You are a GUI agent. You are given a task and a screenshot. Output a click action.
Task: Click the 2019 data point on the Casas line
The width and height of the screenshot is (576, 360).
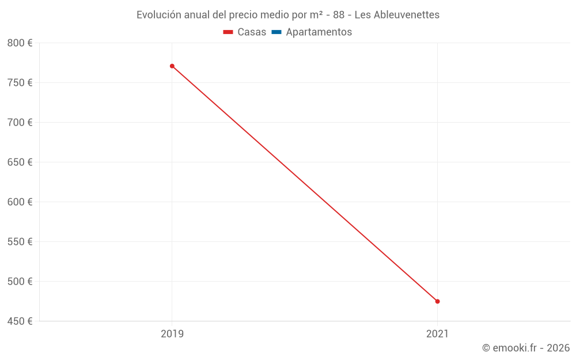(172, 66)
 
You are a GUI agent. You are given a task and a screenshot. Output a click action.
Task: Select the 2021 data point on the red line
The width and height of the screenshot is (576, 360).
(437, 301)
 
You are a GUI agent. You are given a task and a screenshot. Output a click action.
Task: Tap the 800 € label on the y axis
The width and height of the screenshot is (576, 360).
(20, 43)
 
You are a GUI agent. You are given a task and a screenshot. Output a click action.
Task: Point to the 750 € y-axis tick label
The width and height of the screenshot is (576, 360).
(20, 83)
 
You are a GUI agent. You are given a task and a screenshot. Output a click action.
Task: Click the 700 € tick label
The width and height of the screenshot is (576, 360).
(20, 123)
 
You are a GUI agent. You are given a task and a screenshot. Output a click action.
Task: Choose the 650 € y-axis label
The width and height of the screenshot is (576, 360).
(20, 162)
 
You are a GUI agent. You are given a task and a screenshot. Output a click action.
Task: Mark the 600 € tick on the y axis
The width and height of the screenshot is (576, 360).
(20, 202)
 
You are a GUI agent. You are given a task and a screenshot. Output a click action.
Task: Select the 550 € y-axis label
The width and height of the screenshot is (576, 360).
(20, 242)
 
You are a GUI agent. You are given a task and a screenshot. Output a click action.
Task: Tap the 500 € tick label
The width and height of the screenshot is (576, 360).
(20, 282)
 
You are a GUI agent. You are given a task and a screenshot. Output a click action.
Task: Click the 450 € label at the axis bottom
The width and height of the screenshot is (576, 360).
(20, 321)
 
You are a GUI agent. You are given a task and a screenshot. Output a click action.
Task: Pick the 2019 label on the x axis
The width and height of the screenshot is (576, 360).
(172, 334)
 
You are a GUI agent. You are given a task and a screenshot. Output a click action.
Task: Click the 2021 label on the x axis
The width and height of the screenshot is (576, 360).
(437, 334)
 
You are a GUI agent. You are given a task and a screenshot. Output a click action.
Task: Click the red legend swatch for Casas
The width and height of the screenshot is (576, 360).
(228, 32)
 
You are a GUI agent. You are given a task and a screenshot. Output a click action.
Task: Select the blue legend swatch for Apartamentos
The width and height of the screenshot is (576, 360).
(276, 32)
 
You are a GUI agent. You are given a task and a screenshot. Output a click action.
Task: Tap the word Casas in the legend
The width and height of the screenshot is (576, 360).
(252, 32)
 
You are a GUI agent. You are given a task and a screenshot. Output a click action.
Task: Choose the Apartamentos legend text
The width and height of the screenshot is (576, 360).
(319, 32)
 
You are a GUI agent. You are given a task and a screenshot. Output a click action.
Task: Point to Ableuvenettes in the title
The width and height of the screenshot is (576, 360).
(406, 15)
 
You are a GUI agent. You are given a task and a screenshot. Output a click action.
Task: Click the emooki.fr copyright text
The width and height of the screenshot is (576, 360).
(526, 348)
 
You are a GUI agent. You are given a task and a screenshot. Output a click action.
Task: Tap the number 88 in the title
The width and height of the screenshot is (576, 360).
(339, 15)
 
